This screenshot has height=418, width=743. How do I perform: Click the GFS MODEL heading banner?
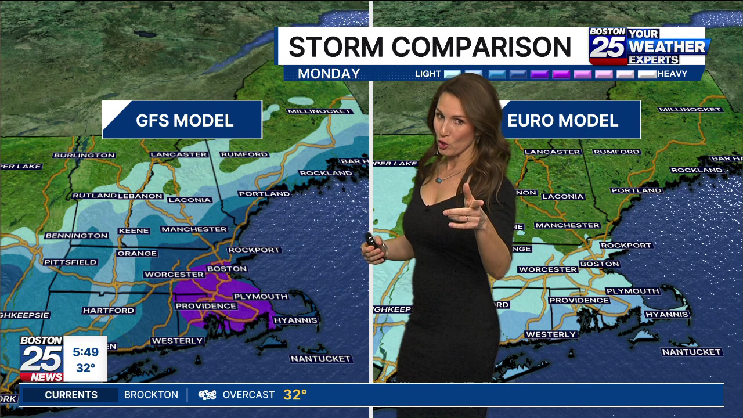[x=182, y=120]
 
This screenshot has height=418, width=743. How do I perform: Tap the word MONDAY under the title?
[x=329, y=74]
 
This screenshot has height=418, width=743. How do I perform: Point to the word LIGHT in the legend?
[x=428, y=74]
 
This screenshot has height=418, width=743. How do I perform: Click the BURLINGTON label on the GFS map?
[x=84, y=155]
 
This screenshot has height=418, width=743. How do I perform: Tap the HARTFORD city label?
[x=109, y=311]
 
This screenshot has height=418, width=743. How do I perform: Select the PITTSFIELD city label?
[x=70, y=262]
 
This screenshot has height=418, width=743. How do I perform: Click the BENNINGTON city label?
[x=77, y=236]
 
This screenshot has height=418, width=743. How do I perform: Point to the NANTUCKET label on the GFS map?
[x=321, y=359]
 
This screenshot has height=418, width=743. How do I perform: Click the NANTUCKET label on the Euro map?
[x=691, y=352]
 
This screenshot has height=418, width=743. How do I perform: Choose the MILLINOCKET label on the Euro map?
[x=690, y=109]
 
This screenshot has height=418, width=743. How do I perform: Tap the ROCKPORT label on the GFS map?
[x=254, y=250]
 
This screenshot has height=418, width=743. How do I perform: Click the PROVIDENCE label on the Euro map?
[x=579, y=300]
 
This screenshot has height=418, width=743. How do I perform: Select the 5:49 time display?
[x=85, y=352]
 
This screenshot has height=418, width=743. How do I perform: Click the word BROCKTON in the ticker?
[x=151, y=395]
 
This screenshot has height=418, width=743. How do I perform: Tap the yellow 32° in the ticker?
[x=295, y=395]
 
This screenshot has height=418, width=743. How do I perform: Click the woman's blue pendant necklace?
[x=439, y=179]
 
